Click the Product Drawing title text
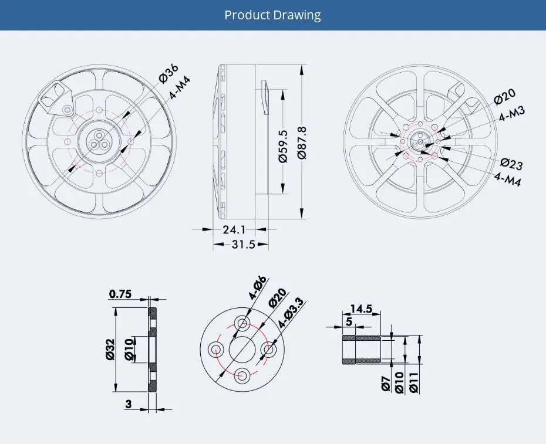click(272, 15)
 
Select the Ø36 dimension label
click(168, 73)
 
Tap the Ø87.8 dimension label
click(302, 143)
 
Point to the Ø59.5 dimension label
click(283, 146)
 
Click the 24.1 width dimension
click(234, 230)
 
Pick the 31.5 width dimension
click(244, 244)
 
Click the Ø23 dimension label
click(511, 164)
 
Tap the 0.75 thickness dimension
click(120, 294)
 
